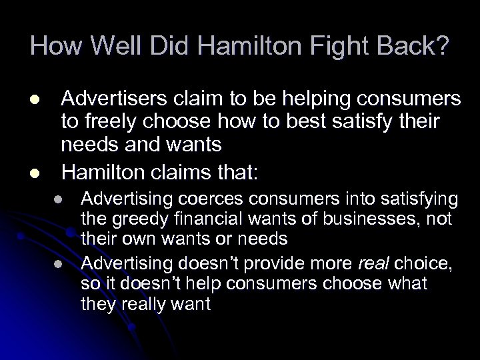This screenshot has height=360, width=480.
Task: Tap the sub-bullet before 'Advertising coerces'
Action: pos(59,199)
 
